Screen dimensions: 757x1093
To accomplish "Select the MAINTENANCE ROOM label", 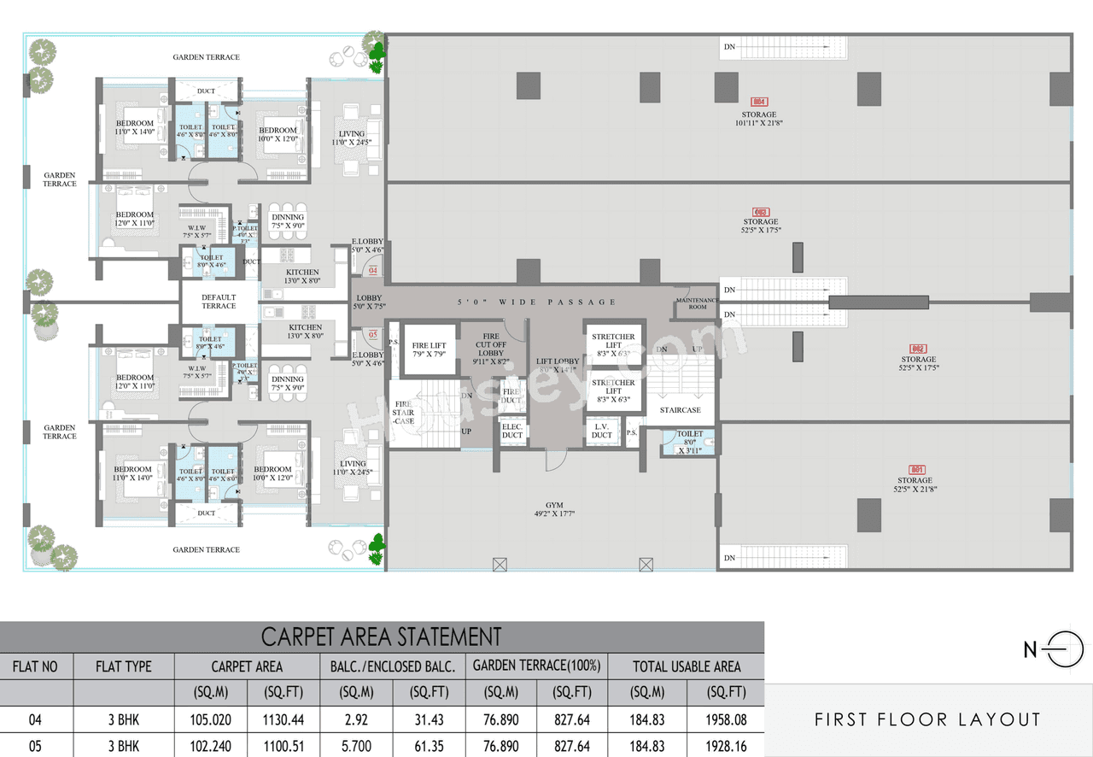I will click(x=697, y=303).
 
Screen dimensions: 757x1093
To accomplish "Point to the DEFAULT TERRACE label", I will click(x=219, y=302).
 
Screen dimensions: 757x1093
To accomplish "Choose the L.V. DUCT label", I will click(x=602, y=431).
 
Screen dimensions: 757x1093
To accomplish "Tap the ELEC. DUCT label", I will click(x=512, y=431).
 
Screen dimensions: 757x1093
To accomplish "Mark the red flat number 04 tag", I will click(x=372, y=271).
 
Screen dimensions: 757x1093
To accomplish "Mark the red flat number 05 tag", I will click(x=372, y=334).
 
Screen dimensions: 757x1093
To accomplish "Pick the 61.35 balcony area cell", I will click(x=429, y=746).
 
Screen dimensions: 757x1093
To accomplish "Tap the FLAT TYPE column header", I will click(x=124, y=666).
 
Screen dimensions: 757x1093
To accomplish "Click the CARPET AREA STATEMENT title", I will click(x=381, y=637).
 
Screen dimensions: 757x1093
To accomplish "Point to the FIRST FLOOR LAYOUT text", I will click(x=927, y=719).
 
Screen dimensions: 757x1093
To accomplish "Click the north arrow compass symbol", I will click(x=1062, y=650).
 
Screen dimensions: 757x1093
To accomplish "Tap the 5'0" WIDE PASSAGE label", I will click(x=536, y=302).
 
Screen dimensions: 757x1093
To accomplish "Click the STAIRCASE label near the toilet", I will click(x=680, y=410).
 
